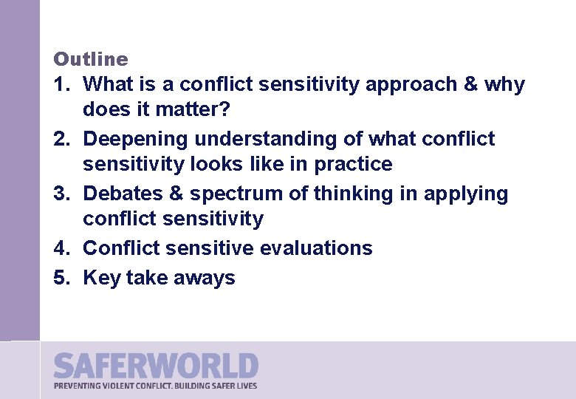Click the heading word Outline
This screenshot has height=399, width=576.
click(x=91, y=59)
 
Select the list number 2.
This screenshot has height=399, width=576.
click(x=60, y=139)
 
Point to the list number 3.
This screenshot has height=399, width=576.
click(x=60, y=194)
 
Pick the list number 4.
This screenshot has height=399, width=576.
click(x=60, y=248)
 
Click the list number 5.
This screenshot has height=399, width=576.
click(x=60, y=278)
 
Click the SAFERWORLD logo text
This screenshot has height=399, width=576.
click(x=156, y=366)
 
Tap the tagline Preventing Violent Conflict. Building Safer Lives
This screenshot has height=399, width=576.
click(x=156, y=385)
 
